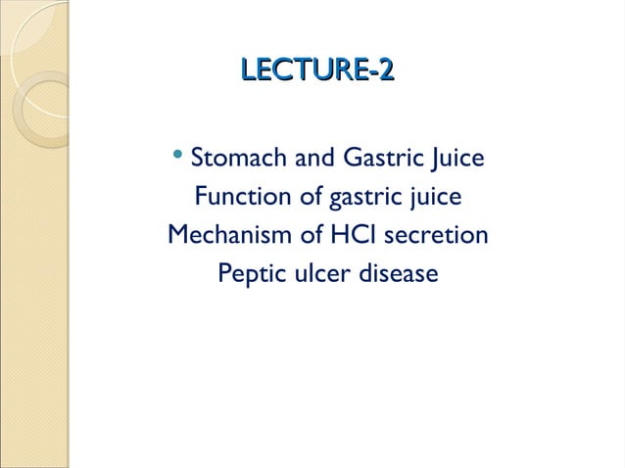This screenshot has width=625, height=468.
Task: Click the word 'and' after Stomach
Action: click(308, 159)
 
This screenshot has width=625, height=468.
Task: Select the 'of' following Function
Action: click(311, 198)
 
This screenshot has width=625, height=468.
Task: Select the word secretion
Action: click(436, 236)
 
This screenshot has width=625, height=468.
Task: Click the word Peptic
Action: click(250, 275)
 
